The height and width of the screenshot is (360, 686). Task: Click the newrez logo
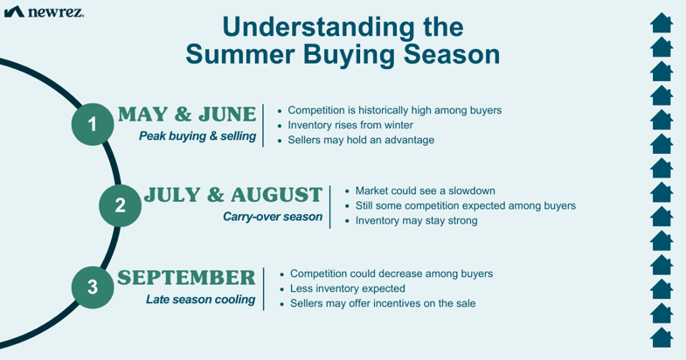coord(44,12)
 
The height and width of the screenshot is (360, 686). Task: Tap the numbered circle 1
coord(93,124)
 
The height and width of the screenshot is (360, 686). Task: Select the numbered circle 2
coord(120,205)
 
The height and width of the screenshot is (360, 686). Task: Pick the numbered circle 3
coord(93,287)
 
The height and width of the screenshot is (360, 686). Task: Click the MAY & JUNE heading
coord(187,114)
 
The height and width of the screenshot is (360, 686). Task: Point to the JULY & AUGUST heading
coord(233,195)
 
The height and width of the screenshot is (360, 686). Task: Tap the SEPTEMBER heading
coord(186,278)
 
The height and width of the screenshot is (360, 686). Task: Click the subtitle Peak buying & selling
coord(197,136)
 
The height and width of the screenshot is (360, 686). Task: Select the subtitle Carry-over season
coord(273,217)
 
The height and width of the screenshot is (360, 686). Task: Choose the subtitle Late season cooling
coord(200,300)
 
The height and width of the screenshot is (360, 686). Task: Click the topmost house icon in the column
coord(662,24)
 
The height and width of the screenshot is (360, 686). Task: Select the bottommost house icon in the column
coord(662,337)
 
